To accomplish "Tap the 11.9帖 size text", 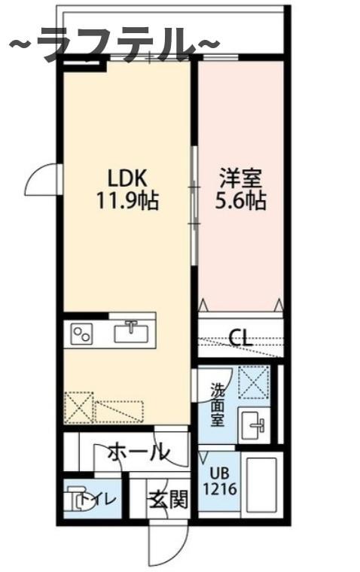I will click(x=124, y=202).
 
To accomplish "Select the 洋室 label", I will click(x=240, y=179).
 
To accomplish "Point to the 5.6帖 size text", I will click(x=241, y=202).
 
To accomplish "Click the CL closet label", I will click(x=240, y=337).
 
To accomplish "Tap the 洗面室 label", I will click(x=217, y=405).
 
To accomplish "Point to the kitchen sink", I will click(x=133, y=332).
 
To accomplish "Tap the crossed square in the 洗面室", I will click(x=253, y=381).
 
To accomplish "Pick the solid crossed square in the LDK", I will click(x=79, y=407).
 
